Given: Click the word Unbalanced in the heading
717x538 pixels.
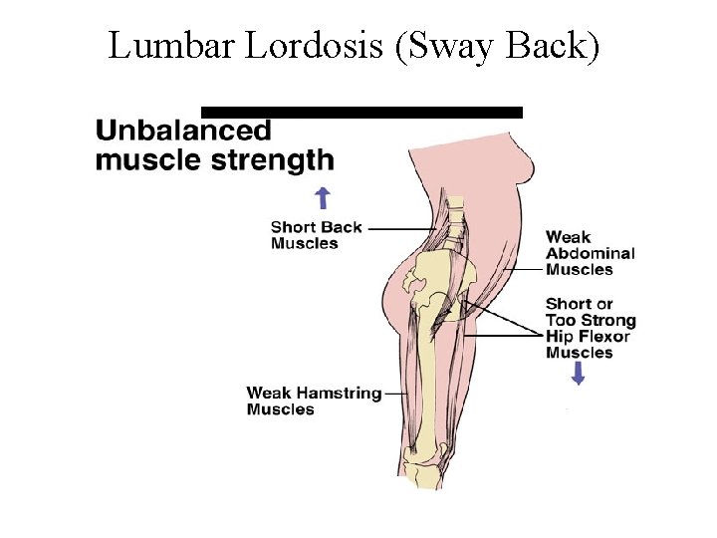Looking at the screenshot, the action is pyautogui.click(x=183, y=131).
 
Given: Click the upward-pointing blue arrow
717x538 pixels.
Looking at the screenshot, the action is pyautogui.click(x=321, y=195).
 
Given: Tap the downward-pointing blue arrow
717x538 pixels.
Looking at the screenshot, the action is pyautogui.click(x=578, y=373).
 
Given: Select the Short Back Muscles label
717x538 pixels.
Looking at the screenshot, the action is pyautogui.click(x=316, y=235).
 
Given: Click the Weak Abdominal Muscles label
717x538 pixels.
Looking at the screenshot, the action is pyautogui.click(x=590, y=253).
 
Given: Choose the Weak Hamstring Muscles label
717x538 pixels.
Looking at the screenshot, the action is pyautogui.click(x=314, y=401).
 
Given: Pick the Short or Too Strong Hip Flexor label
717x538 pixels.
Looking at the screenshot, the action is pyautogui.click(x=590, y=328).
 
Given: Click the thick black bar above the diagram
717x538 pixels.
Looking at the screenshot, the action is pyautogui.click(x=361, y=112).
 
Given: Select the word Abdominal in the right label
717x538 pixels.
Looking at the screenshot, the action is pyautogui.click(x=590, y=253).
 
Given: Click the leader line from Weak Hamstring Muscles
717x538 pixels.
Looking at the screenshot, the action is pyautogui.click(x=396, y=395).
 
